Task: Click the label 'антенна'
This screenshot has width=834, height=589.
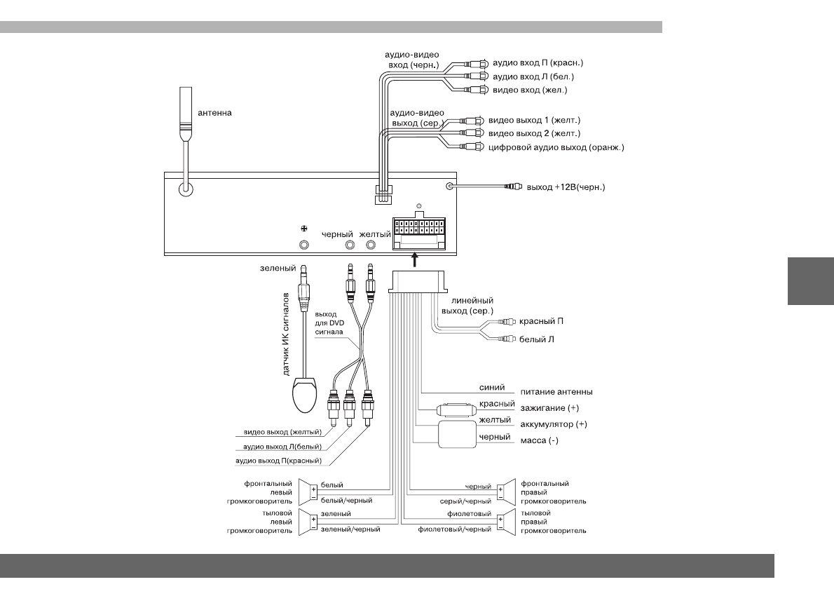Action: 214,112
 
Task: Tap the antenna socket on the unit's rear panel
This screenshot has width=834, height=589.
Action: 186,189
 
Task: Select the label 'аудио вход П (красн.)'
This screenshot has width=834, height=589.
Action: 539,62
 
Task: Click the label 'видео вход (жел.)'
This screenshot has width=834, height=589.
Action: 531,90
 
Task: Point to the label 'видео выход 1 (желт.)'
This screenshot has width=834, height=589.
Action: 535,120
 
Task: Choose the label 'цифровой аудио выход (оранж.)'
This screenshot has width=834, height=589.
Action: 556,147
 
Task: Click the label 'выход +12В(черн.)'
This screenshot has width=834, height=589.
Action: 566,187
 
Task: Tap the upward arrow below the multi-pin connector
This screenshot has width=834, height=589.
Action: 414,260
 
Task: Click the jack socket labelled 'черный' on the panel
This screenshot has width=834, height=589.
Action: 349,245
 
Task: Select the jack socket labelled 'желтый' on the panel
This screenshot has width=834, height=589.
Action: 371,245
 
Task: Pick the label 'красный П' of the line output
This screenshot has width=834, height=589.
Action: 540,321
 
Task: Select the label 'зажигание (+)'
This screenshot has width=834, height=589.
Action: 549,408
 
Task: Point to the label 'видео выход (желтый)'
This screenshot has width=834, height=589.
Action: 282,432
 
